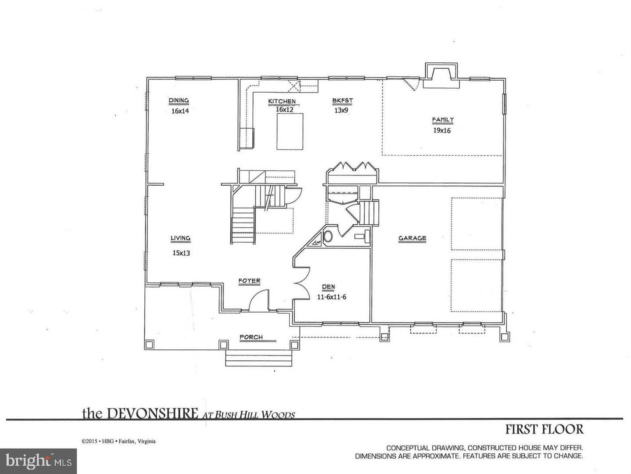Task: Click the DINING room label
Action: [x=179, y=101]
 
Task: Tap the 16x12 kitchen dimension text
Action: [x=284, y=110]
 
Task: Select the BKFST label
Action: [x=342, y=101]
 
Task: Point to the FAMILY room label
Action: [x=443, y=120]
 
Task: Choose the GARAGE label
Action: [x=412, y=239]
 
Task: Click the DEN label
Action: [x=328, y=287]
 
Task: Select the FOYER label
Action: [x=249, y=281]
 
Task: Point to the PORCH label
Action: [x=251, y=337]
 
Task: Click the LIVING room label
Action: [x=180, y=239]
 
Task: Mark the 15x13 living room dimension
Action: [x=181, y=253]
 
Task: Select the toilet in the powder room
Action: [x=328, y=236]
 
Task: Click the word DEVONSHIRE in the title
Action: [x=152, y=413]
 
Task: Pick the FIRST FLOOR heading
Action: [x=544, y=429]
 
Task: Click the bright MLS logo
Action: [x=39, y=460]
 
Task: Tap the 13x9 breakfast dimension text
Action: [x=341, y=111]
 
